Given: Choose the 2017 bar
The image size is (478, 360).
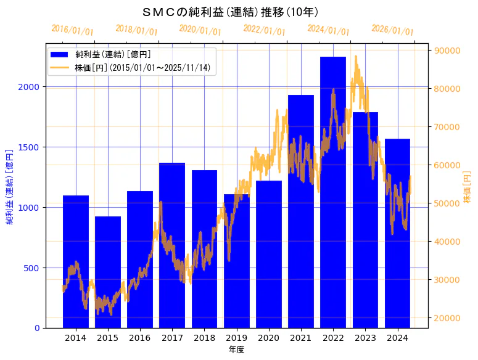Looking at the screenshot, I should click(172, 247).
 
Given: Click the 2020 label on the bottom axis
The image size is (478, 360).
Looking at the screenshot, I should click(268, 338).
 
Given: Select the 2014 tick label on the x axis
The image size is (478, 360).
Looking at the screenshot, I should click(76, 338).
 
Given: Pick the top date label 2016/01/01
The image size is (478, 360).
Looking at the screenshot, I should click(73, 30).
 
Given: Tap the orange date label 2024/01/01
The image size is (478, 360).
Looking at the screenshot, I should click(328, 30).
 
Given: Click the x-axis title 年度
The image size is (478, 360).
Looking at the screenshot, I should click(236, 350).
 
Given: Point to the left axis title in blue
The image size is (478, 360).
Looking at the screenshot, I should click(10, 186).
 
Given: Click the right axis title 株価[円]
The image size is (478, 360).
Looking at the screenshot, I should click(467, 187).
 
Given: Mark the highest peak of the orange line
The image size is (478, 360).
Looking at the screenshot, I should click(356, 73).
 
